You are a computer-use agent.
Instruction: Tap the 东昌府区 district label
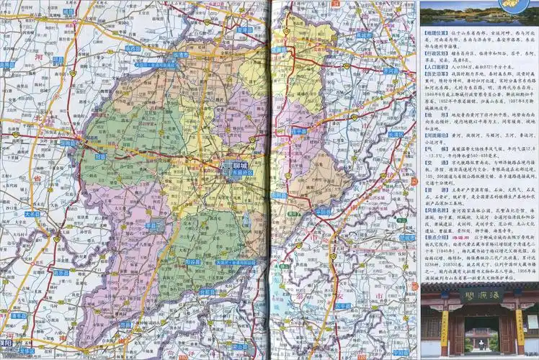pyautogui.click(x=243, y=173)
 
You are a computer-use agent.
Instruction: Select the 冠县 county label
pyautogui.click(x=99, y=156)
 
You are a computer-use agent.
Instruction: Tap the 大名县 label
pyautogui.click(x=32, y=214)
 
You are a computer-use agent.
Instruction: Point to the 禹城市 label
pyautogui.click(x=364, y=35)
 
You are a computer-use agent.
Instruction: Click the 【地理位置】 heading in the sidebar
pyautogui.click(x=437, y=34)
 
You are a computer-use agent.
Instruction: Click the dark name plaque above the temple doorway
pyautogui.click(x=478, y=295)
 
